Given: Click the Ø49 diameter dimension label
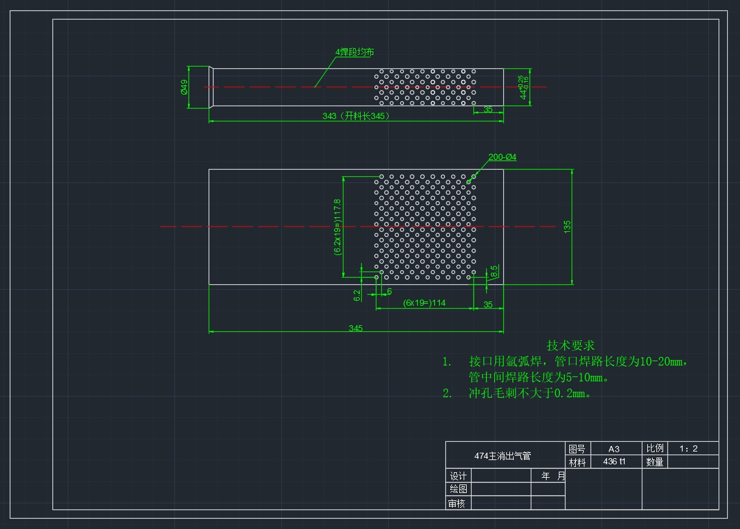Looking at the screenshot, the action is tap(184, 87).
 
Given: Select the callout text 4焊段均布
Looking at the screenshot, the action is tap(355, 52).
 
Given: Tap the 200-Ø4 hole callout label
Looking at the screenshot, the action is tap(502, 157).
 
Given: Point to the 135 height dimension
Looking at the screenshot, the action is tap(567, 227).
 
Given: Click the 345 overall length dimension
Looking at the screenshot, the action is tap(356, 328).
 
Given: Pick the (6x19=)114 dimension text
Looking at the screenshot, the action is tap(424, 303).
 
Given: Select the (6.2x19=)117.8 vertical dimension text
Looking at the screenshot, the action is tap(337, 227).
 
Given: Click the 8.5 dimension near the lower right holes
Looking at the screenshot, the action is tap(494, 272).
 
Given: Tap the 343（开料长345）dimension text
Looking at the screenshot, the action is tap(356, 116).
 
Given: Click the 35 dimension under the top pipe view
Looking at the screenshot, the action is tap(488, 109).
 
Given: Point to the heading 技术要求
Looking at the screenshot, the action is tap(570, 345).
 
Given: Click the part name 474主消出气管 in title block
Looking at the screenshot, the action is tap(503, 456).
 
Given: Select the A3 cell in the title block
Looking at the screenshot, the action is tap(614, 449).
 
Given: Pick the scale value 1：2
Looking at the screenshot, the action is tap(689, 448).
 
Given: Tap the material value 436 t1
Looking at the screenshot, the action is tap(614, 461).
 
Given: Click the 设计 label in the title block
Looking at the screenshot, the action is tap(458, 476).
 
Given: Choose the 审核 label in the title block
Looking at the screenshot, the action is tap(456, 503).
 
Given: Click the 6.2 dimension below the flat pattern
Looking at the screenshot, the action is tap(357, 295).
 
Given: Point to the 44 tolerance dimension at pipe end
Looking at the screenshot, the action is tap(523, 87).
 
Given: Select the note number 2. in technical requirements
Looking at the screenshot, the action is tap(447, 393).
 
